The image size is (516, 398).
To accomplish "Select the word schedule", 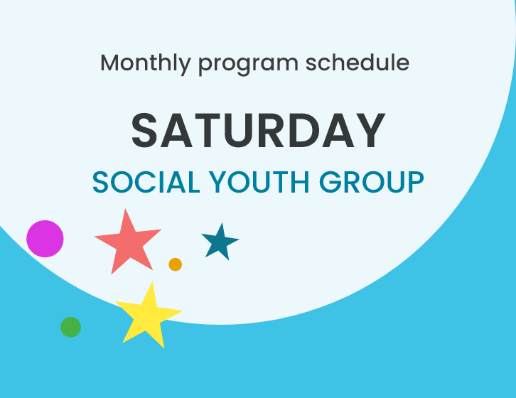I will (358, 63).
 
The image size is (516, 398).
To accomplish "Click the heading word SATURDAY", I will (258, 131).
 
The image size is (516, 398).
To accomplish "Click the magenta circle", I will (45, 239).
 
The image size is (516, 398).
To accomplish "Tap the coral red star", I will (128, 242).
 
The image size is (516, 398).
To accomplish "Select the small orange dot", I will (175, 264).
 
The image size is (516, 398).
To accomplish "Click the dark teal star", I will (219, 242).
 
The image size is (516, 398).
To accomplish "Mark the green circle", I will (70, 327).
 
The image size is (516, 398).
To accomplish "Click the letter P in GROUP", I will (414, 183).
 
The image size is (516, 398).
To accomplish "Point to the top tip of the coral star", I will (127, 210).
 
